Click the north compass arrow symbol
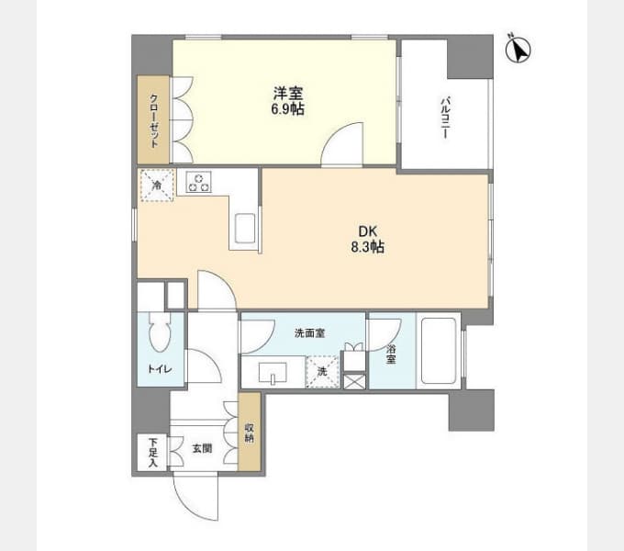tap(518, 50)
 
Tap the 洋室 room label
tap(288, 94)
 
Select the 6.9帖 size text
tap(288, 108)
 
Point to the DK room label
tap(367, 231)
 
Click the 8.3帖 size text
tap(367, 247)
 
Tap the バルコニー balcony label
tap(444, 118)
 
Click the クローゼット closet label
tap(154, 120)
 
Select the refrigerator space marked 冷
tap(157, 186)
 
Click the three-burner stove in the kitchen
tap(198, 183)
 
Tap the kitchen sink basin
tap(245, 228)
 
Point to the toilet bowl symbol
tap(160, 332)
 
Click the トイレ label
tap(160, 369)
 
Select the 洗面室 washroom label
tap(309, 332)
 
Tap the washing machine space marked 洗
tap(322, 371)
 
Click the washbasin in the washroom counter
tap(273, 374)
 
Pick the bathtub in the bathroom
tap(439, 351)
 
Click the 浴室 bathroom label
tap(391, 354)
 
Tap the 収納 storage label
tap(250, 433)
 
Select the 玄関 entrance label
tap(202, 449)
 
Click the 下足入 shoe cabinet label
tap(153, 453)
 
